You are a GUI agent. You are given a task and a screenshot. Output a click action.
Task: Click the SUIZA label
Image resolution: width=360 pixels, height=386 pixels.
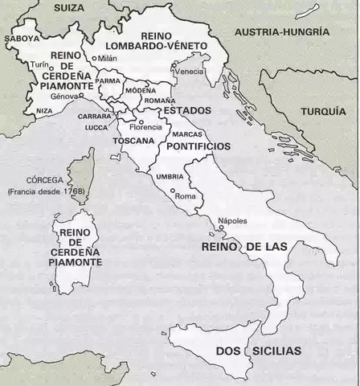tap(71, 7)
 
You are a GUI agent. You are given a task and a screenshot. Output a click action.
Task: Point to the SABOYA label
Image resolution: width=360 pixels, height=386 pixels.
tap(22, 38)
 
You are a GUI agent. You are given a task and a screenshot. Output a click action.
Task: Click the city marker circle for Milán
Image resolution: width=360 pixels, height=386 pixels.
tap(94, 59)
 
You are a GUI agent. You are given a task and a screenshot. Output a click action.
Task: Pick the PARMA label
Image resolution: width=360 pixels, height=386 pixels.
tap(108, 81)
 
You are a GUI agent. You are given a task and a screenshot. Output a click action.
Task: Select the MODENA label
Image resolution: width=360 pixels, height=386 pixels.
tap(141, 91)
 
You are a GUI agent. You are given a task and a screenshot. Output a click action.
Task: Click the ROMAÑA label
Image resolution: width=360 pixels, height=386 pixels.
tap(153, 101)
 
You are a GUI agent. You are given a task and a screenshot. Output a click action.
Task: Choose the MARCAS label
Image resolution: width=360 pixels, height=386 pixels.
tap(186, 133)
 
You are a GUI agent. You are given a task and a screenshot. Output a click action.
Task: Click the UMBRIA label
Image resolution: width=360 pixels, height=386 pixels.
tap(170, 176)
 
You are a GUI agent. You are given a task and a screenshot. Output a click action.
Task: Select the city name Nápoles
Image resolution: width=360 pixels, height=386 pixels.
tap(232, 222)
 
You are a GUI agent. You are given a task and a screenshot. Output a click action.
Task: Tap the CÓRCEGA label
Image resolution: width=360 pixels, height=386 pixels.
tap(46, 180)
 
